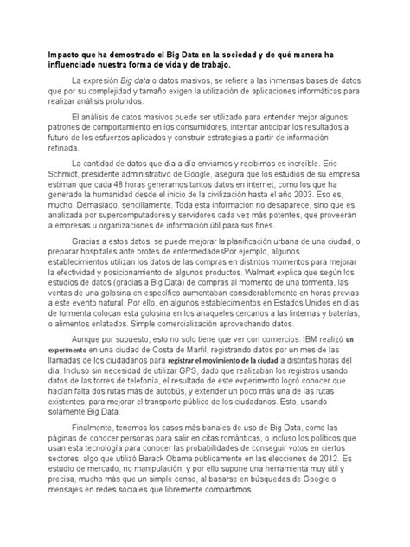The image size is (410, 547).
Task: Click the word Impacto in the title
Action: [x=66, y=53]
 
